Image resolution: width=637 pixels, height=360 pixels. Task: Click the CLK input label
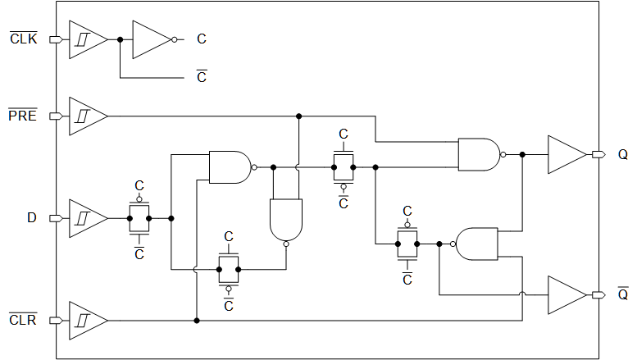(x=23, y=39)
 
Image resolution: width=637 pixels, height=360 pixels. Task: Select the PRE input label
(x=22, y=116)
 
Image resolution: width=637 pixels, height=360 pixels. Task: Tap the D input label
(x=32, y=218)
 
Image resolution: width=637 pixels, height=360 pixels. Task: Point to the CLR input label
(x=22, y=320)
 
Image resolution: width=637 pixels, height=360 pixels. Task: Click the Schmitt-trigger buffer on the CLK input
(x=85, y=39)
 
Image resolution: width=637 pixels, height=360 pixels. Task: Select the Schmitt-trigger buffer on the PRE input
(x=85, y=116)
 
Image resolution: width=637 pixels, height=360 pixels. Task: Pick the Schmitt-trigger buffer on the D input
(x=85, y=218)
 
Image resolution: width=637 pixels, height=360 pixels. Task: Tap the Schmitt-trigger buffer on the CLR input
(x=85, y=320)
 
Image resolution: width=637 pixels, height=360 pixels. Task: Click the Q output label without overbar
(x=622, y=154)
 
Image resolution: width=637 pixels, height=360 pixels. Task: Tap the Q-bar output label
(x=622, y=294)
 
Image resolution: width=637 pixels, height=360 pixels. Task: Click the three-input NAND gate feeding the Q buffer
(x=478, y=154)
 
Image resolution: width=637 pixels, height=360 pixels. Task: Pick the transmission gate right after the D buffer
(x=139, y=218)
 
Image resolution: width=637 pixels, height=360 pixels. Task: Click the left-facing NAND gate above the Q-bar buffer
(x=476, y=244)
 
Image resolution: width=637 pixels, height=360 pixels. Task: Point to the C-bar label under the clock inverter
(x=202, y=78)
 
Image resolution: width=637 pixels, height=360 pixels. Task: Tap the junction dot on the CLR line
(x=197, y=320)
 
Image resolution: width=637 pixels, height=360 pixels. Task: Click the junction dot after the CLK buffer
(x=120, y=39)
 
